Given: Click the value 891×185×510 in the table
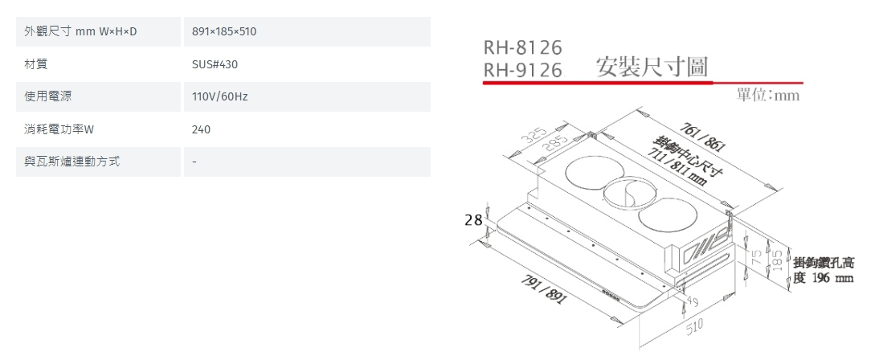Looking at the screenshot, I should click(225, 31).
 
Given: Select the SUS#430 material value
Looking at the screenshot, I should click(215, 64).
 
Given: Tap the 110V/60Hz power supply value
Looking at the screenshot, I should click(220, 96).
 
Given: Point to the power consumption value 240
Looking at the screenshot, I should click(201, 129).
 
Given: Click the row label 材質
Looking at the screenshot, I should click(35, 64).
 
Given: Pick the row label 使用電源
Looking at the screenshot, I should click(46, 96).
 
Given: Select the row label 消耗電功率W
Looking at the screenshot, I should click(59, 129).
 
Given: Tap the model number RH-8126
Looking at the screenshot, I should click(522, 48).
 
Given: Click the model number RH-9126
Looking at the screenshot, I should click(522, 71).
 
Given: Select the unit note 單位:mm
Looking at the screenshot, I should click(767, 96).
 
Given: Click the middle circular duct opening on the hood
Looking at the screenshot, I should click(625, 193).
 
